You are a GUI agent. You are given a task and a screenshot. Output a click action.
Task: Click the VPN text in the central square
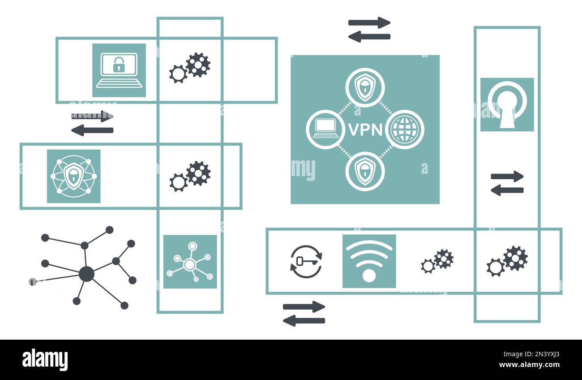click(365, 130)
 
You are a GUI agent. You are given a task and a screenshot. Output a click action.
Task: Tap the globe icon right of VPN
click(404, 130)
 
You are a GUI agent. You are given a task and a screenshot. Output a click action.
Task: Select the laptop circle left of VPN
click(325, 130)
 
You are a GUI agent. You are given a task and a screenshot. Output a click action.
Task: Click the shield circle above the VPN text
click(365, 87)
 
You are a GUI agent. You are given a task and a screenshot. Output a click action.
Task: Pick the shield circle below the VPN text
click(365, 171)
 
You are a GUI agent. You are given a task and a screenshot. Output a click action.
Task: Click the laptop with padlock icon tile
click(119, 70)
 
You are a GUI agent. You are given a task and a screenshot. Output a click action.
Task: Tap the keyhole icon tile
click(507, 105)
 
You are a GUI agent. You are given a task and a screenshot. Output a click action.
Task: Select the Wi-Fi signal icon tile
click(369, 261)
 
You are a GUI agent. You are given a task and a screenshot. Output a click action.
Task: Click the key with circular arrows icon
click(306, 261)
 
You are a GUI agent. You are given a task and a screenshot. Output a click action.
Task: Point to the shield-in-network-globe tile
click(73, 176)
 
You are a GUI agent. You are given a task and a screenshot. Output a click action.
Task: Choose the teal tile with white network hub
click(190, 262)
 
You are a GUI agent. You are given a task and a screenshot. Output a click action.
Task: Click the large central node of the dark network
click(86, 274)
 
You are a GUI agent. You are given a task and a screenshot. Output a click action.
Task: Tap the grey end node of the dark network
click(32, 282)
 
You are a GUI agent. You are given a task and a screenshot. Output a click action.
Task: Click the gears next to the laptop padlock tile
click(190, 67)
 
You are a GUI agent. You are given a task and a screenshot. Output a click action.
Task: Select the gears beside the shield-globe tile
click(190, 176)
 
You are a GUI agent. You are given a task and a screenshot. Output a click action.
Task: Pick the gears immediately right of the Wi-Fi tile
click(437, 261)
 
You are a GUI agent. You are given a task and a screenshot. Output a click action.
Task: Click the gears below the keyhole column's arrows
click(507, 261)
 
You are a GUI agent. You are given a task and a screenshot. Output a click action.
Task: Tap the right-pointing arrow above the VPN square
click(369, 23)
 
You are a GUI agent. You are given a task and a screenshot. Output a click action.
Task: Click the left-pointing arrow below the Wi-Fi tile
click(304, 320)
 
